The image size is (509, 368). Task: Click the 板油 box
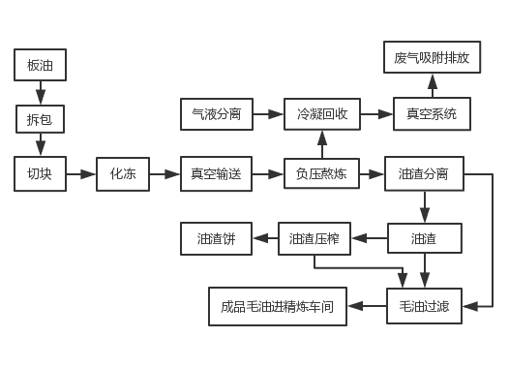click(x=41, y=66)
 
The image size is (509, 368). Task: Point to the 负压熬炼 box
click(x=321, y=174)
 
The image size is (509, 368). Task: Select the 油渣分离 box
click(x=424, y=174)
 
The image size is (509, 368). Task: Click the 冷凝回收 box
click(x=321, y=114)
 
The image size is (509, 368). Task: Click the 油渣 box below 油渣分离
click(x=424, y=238)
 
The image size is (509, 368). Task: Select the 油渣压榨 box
click(x=314, y=238)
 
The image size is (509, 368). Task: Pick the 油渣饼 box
click(x=216, y=238)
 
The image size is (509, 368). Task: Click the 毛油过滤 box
click(x=424, y=306)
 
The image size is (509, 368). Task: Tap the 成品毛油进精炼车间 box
click(x=277, y=306)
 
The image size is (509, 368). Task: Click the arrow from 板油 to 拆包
click(x=41, y=92)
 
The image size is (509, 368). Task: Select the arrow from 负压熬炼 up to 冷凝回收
click(x=321, y=144)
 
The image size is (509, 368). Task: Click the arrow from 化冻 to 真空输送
click(x=165, y=174)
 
